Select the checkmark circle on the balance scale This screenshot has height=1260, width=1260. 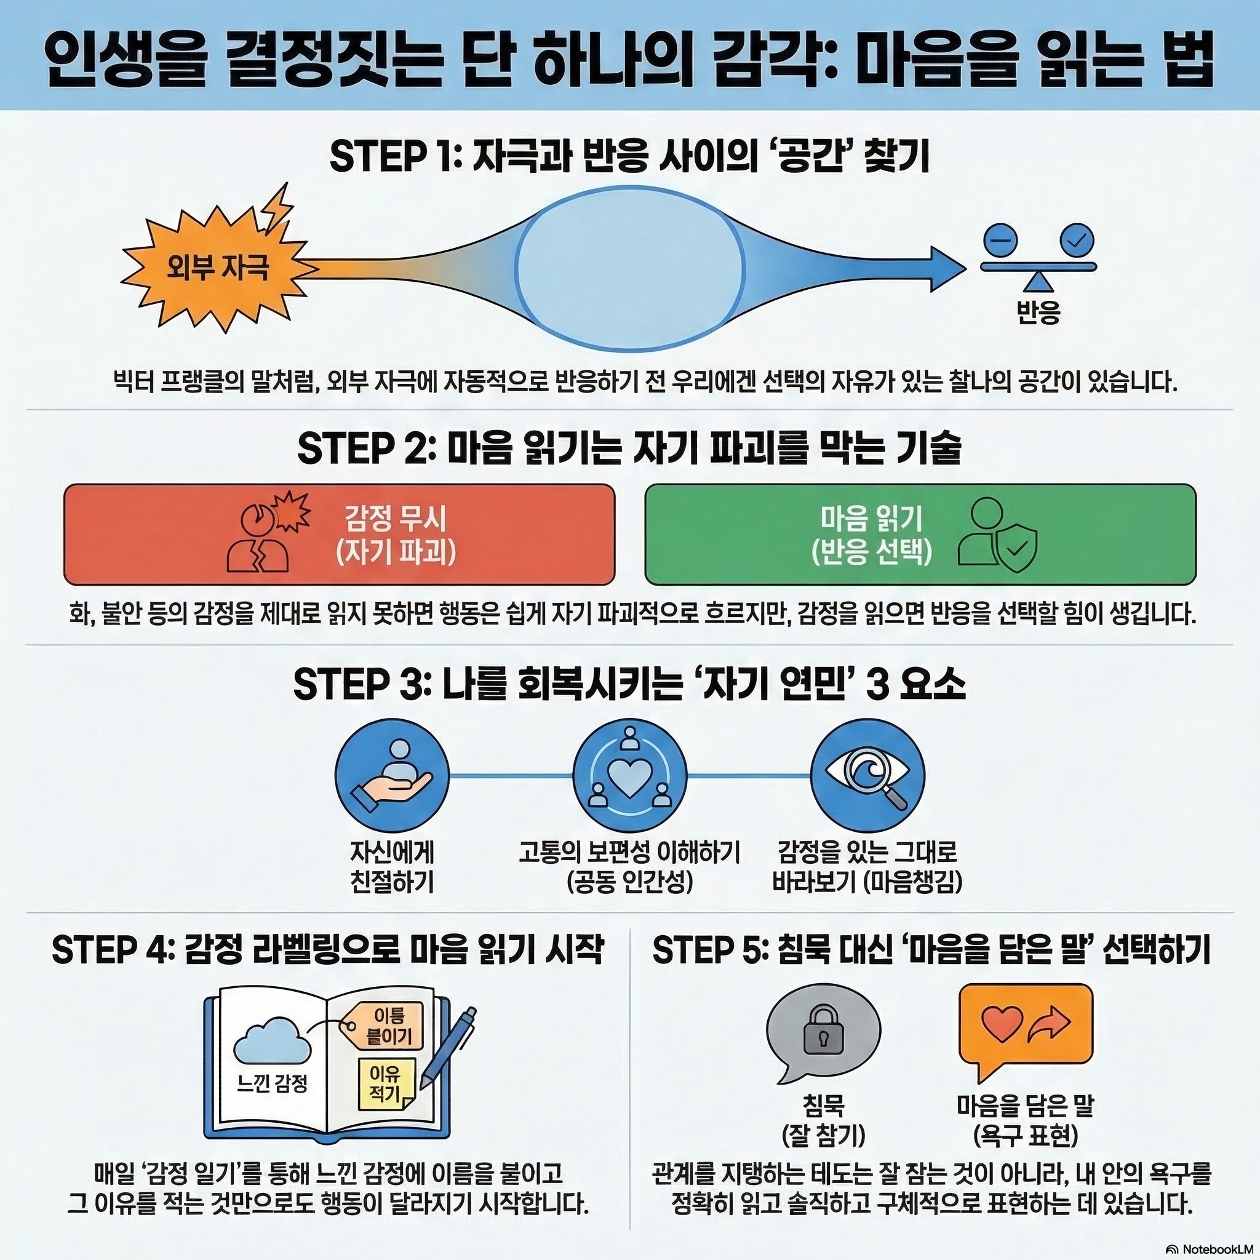1077,240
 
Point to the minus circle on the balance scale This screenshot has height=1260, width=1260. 1002,240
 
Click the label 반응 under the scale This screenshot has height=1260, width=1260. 1039,313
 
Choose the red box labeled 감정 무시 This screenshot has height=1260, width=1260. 339,534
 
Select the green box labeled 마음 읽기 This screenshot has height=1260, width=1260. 920,534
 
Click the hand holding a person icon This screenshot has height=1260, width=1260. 392,775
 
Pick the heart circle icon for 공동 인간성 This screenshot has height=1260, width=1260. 629,775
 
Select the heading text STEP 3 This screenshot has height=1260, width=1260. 358,685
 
